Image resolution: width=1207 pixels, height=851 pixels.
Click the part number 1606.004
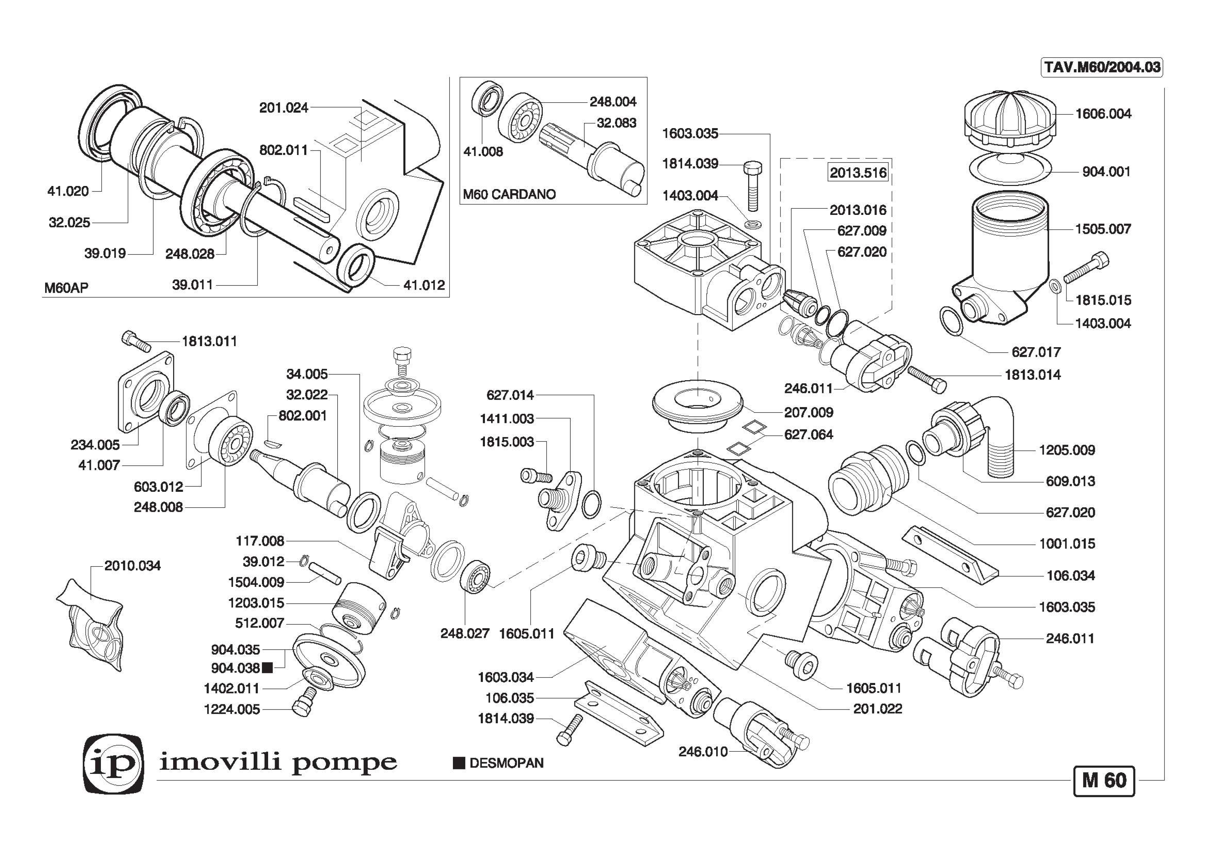[x=1103, y=114]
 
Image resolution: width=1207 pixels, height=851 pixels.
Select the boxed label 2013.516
[x=858, y=173]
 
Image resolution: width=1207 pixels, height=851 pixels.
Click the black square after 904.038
[x=267, y=668]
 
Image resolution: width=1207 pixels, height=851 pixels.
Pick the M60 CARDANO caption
[x=509, y=194]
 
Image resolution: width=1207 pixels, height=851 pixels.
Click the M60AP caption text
[x=66, y=288]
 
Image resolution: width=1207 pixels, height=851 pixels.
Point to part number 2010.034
[x=133, y=566]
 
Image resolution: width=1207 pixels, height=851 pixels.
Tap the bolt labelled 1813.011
[x=136, y=341]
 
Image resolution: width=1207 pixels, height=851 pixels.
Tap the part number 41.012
[x=424, y=285]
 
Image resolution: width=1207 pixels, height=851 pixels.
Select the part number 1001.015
[x=1067, y=543]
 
